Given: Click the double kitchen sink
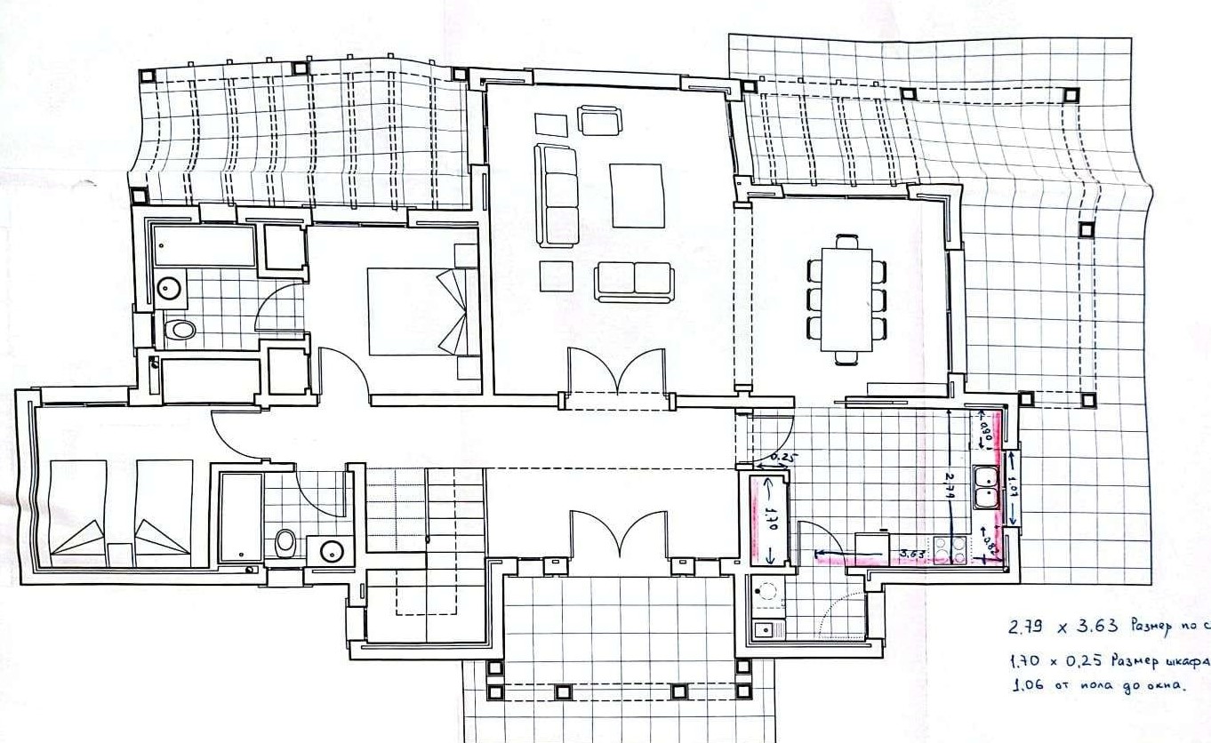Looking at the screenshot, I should tap(986, 488).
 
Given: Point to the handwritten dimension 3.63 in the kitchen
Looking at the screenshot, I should tap(912, 553).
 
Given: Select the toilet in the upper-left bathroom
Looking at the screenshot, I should tap(180, 331).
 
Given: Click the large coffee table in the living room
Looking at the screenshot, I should tap(638, 196).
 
